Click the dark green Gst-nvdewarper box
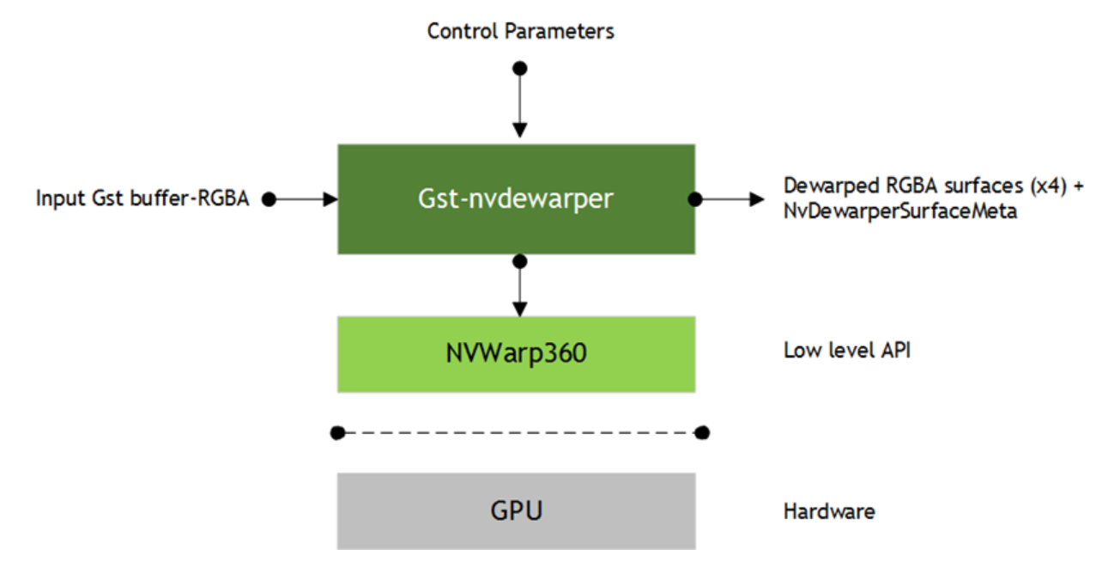coord(516,199)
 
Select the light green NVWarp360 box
coord(516,353)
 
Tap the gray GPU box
coord(516,510)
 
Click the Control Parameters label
coord(520,32)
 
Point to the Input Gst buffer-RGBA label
coord(142,199)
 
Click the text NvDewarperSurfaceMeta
coord(900,212)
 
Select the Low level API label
coord(846,351)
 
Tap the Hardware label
coord(828,511)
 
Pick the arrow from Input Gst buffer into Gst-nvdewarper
coord(305,199)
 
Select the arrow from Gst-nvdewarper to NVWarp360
coord(518,288)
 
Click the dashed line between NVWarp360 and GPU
coord(520,432)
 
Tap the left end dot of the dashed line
coord(338,432)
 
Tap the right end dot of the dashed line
coord(702,432)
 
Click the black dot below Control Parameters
coord(518,68)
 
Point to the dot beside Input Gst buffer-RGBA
coord(269,199)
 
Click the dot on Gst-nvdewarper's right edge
coord(695,199)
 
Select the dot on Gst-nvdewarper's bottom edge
coord(518,259)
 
